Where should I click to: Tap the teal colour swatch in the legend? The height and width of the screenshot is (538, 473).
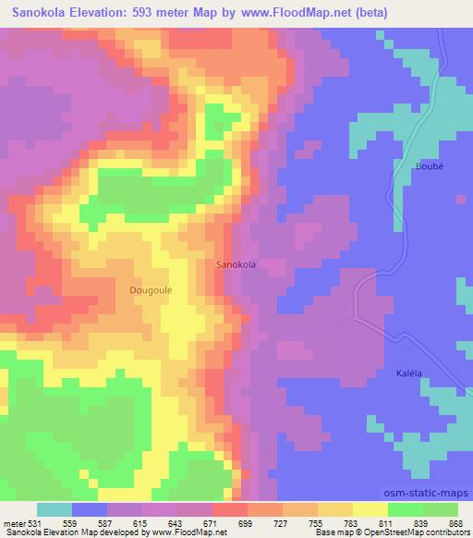point(55,509)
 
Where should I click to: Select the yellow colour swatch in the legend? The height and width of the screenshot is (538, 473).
point(370,509)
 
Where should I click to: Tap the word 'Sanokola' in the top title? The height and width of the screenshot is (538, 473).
point(40,13)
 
